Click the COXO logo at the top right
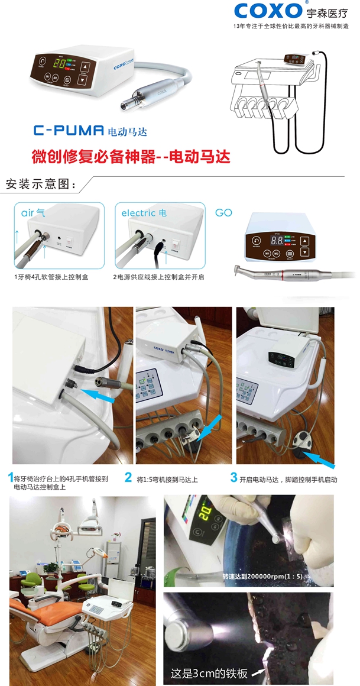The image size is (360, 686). coord(270,11)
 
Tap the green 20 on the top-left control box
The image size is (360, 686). coord(60,64)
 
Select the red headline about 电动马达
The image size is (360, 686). coord(130,157)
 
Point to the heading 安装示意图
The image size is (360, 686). coord(40,183)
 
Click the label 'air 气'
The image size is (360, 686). coord(34,212)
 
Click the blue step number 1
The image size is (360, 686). coord(10,477)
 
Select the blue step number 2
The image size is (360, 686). coord(128,477)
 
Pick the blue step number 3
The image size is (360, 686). coord(234,477)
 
